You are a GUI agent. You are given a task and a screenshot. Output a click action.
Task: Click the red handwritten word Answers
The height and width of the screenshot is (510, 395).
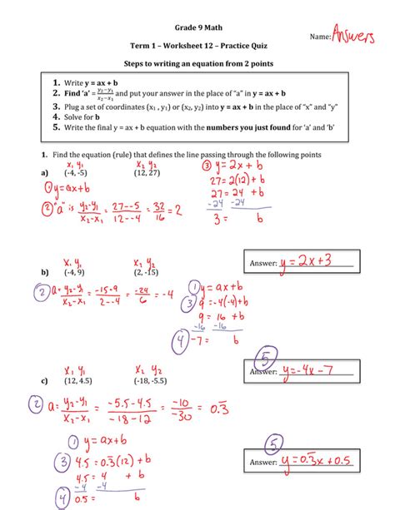click(360, 35)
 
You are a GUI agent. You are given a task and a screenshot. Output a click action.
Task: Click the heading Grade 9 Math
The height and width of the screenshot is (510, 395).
click(197, 27)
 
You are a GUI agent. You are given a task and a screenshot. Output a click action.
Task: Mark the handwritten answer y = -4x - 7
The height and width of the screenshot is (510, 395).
click(317, 371)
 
